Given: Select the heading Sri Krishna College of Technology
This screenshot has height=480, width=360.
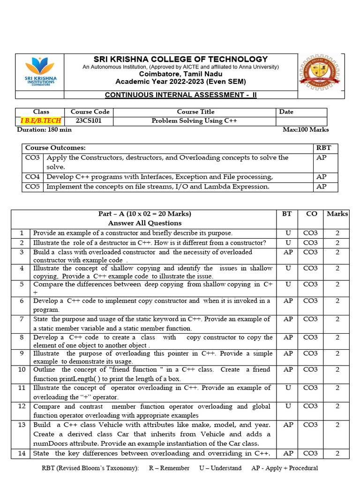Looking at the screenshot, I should tap(180, 59).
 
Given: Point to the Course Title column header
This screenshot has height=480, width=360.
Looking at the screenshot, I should tap(195, 112).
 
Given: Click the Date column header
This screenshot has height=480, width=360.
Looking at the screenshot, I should tap(286, 112).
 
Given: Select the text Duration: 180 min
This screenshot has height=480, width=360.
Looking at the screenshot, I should tap(44, 130).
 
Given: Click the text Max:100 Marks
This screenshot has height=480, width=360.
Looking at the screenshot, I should tap(306, 130).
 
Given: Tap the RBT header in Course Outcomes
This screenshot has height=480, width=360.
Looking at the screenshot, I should tap(323, 148).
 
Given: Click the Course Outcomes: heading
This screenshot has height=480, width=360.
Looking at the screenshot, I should tap(55, 148).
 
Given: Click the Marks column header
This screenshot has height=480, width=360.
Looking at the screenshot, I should tap(337, 214).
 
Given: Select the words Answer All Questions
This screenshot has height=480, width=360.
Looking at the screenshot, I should tap(144, 223).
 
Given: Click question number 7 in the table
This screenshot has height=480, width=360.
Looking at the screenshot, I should tap(21, 319).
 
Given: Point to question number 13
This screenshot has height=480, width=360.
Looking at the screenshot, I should tap(21, 425).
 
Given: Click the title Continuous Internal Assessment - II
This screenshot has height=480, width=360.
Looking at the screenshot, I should tap(180, 95).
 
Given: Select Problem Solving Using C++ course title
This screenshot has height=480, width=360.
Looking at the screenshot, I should tap(195, 121).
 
